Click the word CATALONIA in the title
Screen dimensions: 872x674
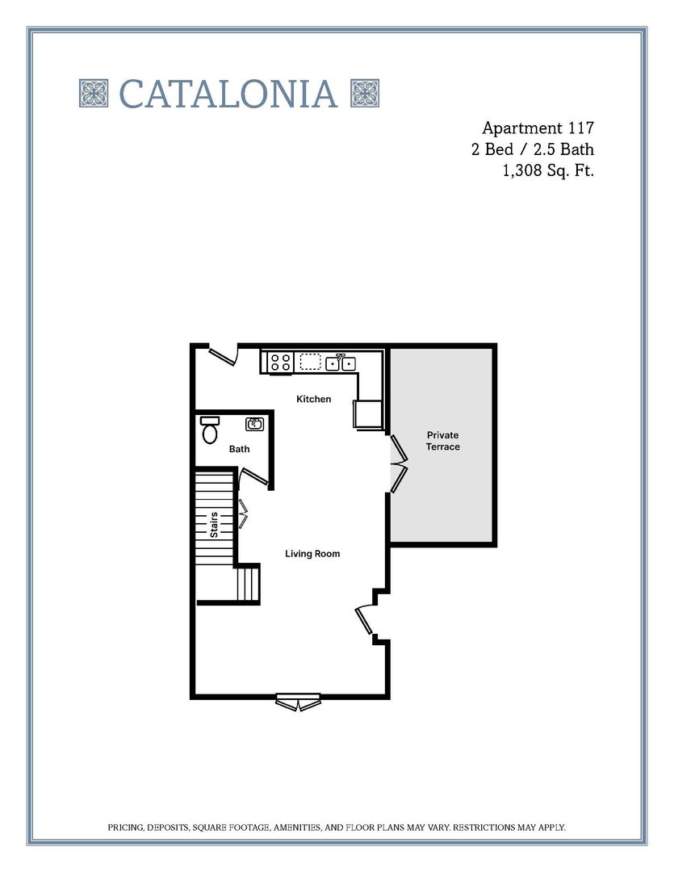[228, 94]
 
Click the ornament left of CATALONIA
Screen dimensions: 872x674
[94, 94]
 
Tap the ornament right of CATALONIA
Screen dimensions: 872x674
[365, 94]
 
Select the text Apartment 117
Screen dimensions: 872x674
[538, 128]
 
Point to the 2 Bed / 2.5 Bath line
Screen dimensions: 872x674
[533, 149]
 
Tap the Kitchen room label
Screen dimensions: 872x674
[313, 399]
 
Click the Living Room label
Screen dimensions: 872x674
[312, 554]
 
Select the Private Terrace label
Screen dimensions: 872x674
[443, 441]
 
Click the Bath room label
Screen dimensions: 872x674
[239, 449]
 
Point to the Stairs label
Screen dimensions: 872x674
[215, 525]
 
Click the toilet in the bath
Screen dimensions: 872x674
[211, 430]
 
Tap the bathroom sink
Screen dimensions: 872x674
[255, 424]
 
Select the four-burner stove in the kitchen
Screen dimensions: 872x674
[281, 363]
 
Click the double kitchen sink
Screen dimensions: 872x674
[341, 363]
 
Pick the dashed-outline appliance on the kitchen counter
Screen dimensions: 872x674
[311, 362]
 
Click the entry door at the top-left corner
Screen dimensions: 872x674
[223, 354]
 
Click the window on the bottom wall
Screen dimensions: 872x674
[299, 702]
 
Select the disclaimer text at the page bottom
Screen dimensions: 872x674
[337, 828]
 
